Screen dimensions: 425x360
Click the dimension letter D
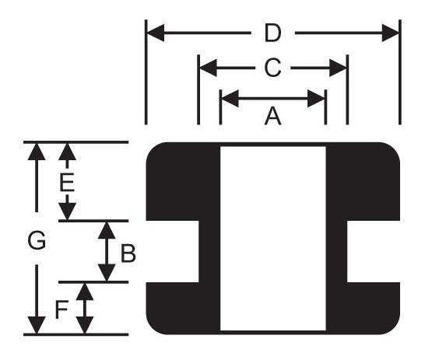click(272, 33)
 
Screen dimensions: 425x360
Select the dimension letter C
click(272, 68)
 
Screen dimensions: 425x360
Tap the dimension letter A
click(273, 116)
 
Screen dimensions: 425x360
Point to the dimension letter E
click(67, 183)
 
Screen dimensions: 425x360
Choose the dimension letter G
click(37, 240)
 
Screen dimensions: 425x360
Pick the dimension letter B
click(128, 253)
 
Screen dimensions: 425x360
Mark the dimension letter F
click(61, 310)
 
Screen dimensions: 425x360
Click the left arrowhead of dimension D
click(156, 33)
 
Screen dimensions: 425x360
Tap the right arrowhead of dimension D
click(390, 33)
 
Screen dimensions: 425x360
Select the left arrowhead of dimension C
click(209, 68)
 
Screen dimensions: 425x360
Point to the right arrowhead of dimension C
click(338, 68)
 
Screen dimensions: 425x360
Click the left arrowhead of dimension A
click(230, 99)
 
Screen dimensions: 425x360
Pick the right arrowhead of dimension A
click(316, 99)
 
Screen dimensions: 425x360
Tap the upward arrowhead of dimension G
click(37, 152)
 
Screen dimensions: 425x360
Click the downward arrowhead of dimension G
click(37, 325)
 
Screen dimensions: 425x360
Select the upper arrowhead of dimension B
click(107, 230)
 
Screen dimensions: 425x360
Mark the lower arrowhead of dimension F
click(85, 325)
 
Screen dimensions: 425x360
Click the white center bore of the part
click(273, 239)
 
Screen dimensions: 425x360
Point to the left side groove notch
click(172, 251)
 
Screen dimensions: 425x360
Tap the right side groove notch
click(374, 251)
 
